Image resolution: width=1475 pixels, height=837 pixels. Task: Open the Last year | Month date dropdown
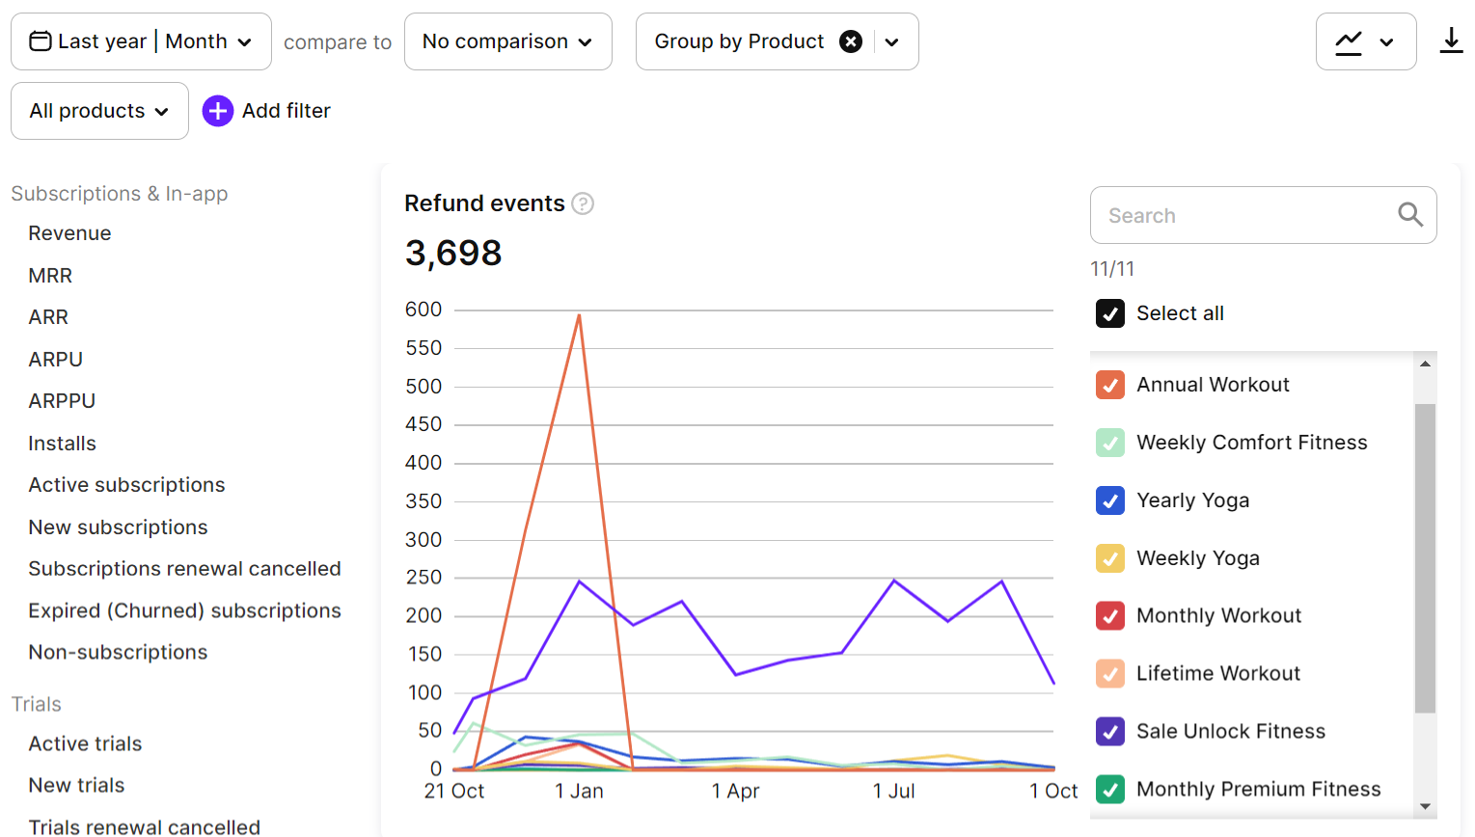point(141,41)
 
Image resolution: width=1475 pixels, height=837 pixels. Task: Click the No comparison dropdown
point(507,41)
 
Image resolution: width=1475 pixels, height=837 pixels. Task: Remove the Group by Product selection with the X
point(851,41)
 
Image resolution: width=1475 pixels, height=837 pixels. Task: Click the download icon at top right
point(1451,40)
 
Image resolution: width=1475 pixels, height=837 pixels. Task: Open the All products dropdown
point(99,111)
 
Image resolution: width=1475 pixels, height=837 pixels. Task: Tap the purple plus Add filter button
point(218,111)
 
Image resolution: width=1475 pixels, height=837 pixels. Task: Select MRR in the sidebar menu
point(50,276)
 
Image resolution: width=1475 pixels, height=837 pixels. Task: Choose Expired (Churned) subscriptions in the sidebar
point(184,610)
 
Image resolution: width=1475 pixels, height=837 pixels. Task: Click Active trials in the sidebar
point(85,743)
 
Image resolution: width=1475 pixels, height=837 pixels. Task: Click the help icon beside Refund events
point(583,203)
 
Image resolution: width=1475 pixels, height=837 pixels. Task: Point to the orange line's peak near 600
point(579,315)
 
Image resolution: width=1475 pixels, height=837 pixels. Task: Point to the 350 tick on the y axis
point(423,501)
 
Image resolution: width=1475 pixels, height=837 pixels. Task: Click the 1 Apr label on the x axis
point(735,792)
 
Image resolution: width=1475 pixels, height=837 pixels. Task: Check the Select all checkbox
point(1110,313)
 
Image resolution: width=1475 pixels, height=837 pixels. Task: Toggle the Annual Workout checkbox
point(1110,385)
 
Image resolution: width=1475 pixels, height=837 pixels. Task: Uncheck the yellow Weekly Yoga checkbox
point(1110,558)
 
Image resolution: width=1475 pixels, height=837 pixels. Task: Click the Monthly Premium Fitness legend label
point(1258,789)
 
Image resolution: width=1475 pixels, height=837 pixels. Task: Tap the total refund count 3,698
point(453,253)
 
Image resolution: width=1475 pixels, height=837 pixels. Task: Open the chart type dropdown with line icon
point(1365,41)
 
